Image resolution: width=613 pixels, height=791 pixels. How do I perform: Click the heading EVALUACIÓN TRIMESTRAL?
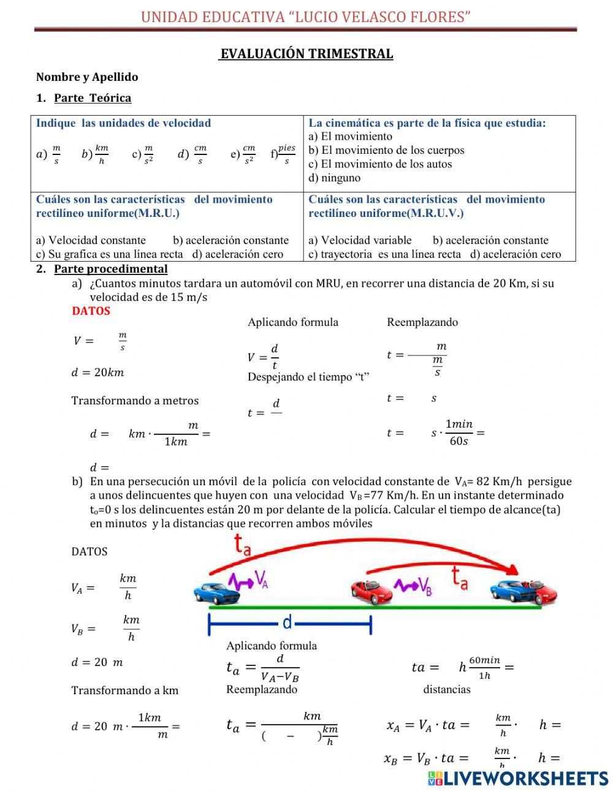[x=306, y=54]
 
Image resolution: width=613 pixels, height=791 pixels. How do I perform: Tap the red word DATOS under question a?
[x=91, y=311]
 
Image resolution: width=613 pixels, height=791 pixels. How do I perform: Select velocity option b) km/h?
[x=96, y=154]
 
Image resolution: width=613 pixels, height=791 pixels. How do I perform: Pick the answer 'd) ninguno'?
[x=335, y=178]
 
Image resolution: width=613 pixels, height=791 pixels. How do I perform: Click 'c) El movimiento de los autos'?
[x=380, y=164]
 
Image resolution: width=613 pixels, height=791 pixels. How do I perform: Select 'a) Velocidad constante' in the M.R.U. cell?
[x=91, y=240]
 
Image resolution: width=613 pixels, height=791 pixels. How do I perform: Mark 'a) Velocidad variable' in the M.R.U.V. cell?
[x=360, y=240]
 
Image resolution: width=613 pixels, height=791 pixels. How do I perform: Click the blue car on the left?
[x=216, y=592]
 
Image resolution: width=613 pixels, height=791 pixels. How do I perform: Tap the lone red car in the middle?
[x=371, y=591]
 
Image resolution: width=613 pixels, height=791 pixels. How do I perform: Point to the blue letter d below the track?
[x=287, y=623]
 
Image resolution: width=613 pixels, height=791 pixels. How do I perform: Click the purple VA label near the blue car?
[x=261, y=579]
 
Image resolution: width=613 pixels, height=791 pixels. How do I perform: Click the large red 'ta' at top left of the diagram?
[x=243, y=544]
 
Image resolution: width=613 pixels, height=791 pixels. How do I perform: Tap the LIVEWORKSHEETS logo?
[x=517, y=778]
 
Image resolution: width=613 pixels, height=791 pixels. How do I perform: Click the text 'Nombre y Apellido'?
[x=87, y=77]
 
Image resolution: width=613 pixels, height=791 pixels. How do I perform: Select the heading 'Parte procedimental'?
[x=110, y=269]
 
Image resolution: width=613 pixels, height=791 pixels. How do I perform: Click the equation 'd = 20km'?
[x=98, y=373]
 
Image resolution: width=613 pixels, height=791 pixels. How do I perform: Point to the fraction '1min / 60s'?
[x=459, y=433]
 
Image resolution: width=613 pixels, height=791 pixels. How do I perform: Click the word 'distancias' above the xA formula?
[x=447, y=689]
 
